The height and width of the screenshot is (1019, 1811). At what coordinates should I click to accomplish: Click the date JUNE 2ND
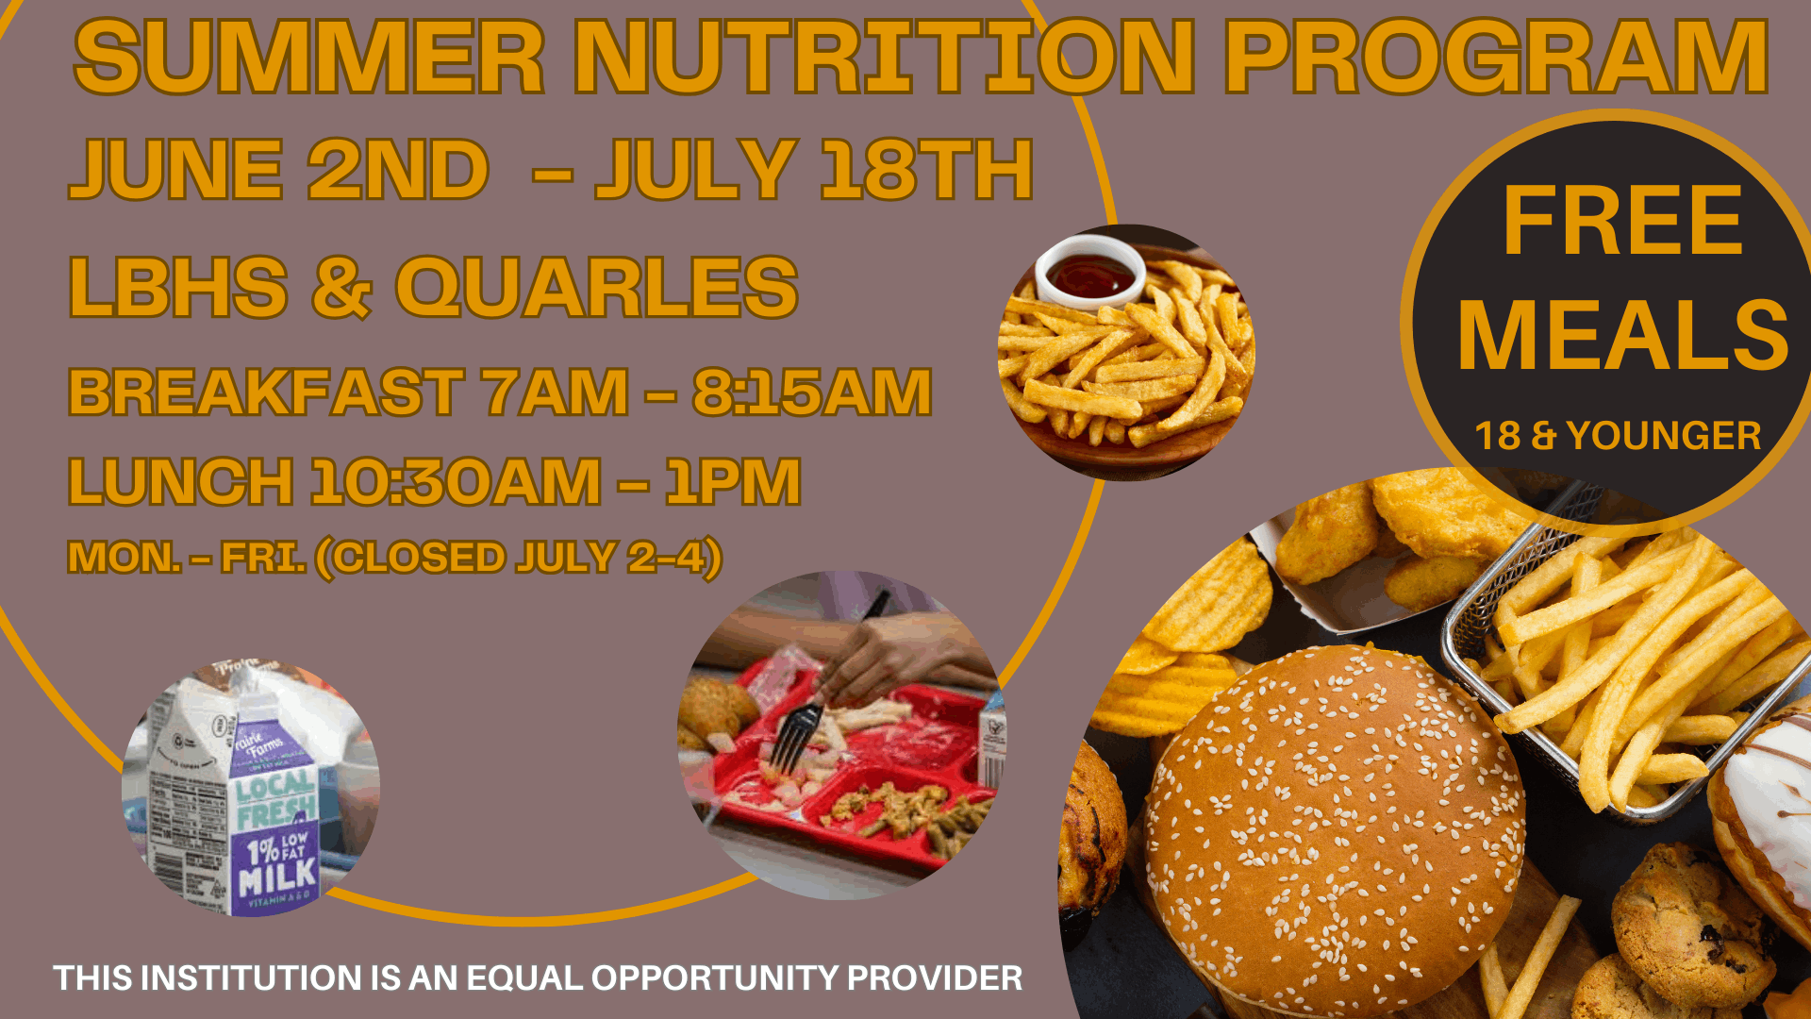[279, 170]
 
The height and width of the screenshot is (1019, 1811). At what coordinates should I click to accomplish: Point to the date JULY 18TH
[815, 170]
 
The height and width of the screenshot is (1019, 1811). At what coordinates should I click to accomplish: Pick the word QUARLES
[597, 287]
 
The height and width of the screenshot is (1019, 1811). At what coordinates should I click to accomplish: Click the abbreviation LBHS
[178, 287]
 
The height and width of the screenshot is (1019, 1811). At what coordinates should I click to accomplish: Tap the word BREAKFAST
[266, 393]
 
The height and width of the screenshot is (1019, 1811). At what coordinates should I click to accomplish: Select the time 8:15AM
[812, 393]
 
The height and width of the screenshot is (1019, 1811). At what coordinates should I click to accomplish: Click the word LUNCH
[181, 481]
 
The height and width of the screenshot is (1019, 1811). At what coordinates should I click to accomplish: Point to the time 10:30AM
[457, 481]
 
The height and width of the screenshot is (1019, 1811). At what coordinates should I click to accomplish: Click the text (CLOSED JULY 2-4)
[519, 559]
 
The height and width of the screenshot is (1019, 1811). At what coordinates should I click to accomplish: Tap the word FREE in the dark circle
[1622, 222]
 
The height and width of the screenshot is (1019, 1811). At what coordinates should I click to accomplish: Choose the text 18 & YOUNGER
[1618, 436]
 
